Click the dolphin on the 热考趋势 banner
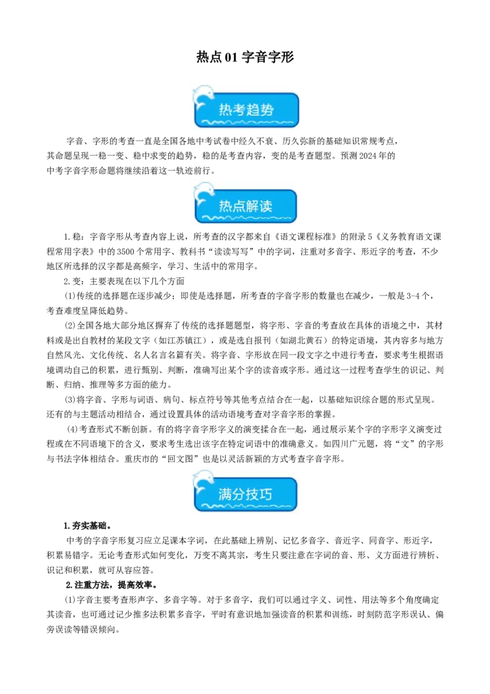tap(203, 97)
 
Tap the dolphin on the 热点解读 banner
tap(203, 194)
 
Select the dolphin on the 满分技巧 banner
tap(203, 481)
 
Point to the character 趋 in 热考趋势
tap(253, 110)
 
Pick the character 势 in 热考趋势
tap(267, 110)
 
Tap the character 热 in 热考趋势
tap(225, 110)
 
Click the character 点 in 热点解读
tap(239, 206)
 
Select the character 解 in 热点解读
tap(252, 206)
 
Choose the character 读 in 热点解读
tap(266, 206)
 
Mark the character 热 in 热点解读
tap(225, 206)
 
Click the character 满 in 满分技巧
tap(225, 494)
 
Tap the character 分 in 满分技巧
tap(238, 494)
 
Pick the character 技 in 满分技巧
tap(252, 494)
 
